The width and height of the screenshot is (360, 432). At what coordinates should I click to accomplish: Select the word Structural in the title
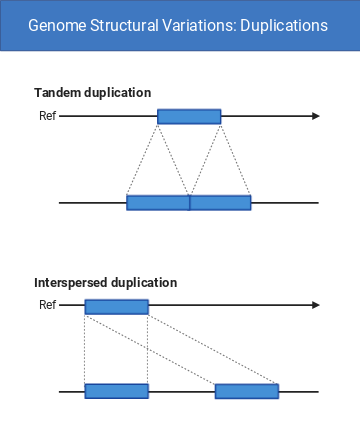(x=125, y=25)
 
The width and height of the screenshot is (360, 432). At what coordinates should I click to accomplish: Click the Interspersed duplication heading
(x=105, y=283)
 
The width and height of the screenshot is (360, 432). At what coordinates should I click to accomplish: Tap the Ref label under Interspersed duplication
(x=46, y=306)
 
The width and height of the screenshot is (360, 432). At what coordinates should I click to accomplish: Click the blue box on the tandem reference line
(x=189, y=117)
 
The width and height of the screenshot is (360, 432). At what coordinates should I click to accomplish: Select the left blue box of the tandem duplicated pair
(x=158, y=203)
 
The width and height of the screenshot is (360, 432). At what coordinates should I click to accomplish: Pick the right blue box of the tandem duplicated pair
(x=220, y=203)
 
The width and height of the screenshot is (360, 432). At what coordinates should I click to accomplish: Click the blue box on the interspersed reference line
(x=116, y=307)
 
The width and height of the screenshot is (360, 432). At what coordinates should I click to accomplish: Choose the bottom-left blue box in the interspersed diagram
(x=116, y=391)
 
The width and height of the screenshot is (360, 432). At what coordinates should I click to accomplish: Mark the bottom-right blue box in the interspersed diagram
(x=246, y=391)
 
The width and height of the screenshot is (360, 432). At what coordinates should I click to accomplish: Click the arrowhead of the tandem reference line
(x=315, y=117)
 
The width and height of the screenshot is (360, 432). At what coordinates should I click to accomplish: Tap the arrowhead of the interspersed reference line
(x=315, y=307)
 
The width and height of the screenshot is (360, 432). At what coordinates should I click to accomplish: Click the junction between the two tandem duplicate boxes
(x=189, y=203)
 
